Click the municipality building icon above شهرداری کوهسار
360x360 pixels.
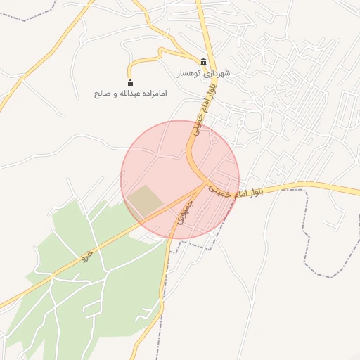click(x=203, y=62)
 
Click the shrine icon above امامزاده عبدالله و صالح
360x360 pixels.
click(x=130, y=83)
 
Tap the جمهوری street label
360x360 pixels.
click(x=185, y=210)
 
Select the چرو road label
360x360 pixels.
click(x=86, y=257)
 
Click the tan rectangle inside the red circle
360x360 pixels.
click(x=143, y=201)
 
